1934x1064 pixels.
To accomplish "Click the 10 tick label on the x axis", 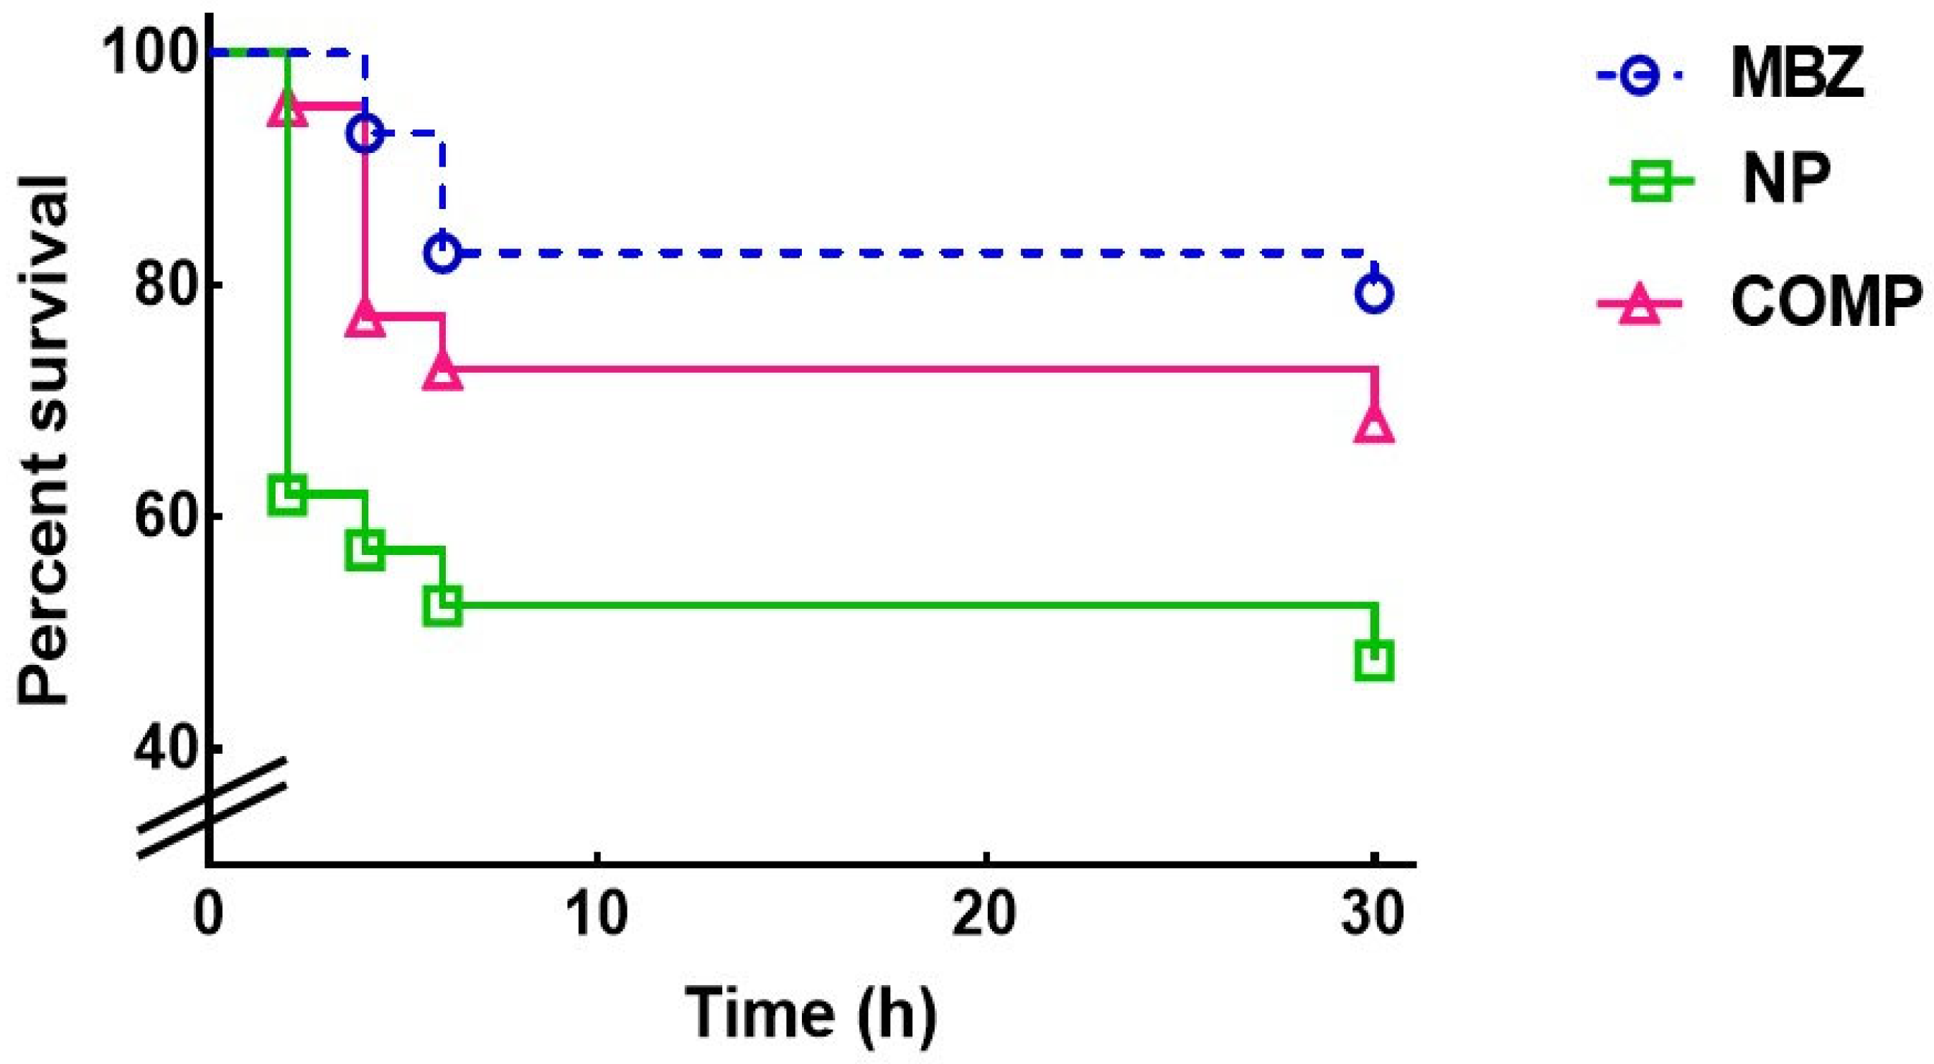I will pos(597,915).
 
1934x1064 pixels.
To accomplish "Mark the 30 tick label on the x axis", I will pos(1373,915).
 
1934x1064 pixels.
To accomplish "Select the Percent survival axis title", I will pos(45,440).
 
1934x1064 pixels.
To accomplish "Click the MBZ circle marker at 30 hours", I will pos(1374,293).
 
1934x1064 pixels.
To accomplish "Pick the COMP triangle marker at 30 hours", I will pos(1374,426).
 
